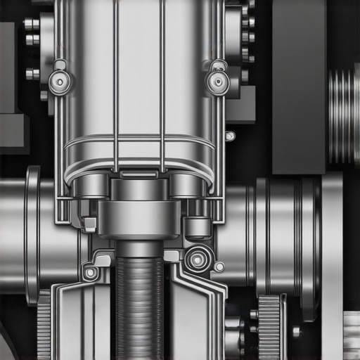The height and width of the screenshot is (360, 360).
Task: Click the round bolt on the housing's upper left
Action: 60,83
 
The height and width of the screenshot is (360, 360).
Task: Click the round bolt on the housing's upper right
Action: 218,82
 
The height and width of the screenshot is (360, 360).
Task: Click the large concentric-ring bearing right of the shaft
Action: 198,259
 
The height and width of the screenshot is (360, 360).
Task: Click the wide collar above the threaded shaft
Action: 139,218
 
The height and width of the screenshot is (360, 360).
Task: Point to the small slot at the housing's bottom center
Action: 139,173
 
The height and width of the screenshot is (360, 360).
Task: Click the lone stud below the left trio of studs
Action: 32,73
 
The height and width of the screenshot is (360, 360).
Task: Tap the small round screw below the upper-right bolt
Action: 230,136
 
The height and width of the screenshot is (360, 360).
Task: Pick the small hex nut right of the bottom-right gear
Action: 296,330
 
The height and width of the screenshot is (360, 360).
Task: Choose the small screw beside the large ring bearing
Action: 219,266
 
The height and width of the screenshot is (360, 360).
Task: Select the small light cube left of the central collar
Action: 90,224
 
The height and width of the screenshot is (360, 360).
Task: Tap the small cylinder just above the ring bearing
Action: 198,227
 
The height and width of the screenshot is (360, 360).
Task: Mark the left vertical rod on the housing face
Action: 115,84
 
